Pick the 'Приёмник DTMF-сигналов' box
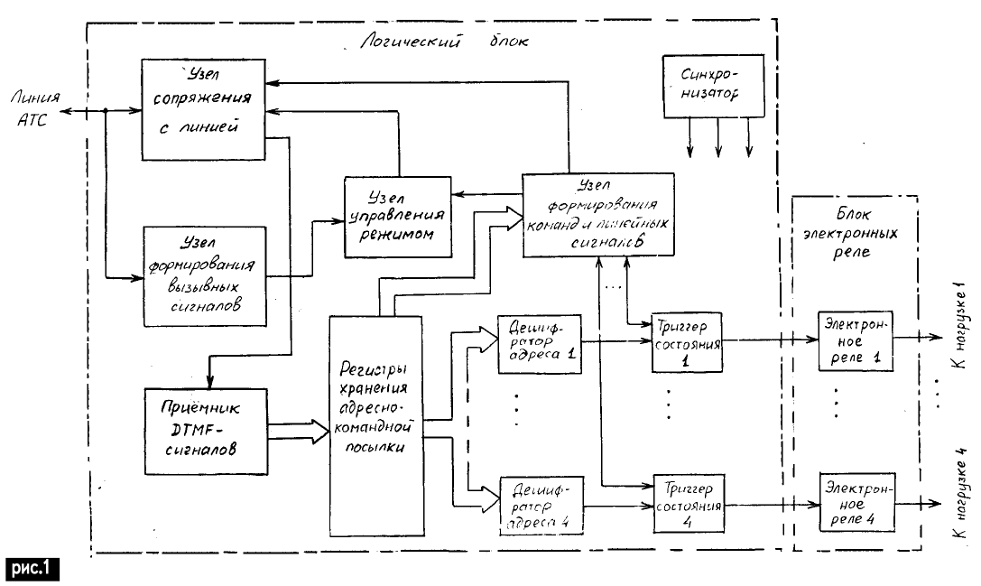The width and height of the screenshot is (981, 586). point(207,431)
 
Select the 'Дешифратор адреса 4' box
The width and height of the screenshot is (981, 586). point(539,505)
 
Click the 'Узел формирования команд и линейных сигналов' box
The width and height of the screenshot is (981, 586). point(596,213)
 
